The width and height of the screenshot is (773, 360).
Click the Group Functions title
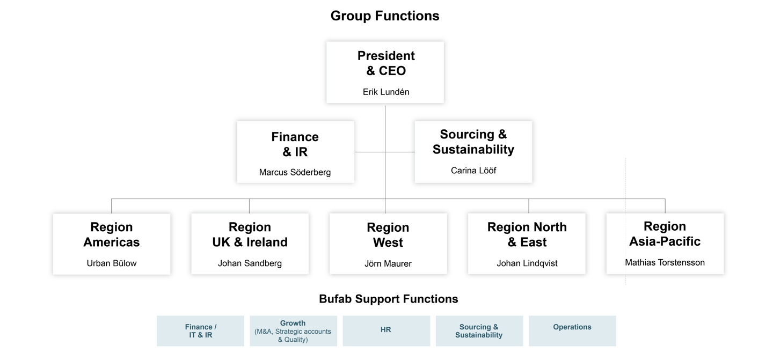[385, 16]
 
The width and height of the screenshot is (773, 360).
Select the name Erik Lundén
[386, 92]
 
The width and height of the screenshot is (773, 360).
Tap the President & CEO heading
[386, 63]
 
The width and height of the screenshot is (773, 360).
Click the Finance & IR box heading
[295, 144]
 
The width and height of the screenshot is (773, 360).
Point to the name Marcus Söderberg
[295, 172]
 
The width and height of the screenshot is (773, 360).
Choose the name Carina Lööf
[473, 171]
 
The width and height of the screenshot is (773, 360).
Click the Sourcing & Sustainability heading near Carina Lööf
[473, 142]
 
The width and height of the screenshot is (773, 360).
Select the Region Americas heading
[112, 235]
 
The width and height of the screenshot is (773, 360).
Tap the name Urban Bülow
[112, 263]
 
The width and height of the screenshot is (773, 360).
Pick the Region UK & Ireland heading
[250, 235]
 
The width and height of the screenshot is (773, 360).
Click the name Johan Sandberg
[250, 263]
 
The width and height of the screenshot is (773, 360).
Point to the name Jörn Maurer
[388, 264]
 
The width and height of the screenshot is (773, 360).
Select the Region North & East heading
[527, 235]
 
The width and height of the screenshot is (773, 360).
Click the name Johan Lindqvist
[527, 263]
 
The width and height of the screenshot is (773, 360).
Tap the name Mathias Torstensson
[665, 263]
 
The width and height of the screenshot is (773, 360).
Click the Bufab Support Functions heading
[388, 299]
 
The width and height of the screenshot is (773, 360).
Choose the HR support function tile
[386, 330]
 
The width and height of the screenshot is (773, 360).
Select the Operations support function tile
[572, 330]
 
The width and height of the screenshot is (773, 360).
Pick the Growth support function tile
[293, 331]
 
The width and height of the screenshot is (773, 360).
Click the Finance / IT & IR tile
[201, 330]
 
